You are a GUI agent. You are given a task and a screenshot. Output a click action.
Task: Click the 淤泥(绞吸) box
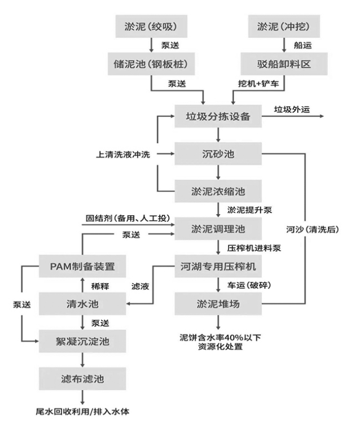[x=151, y=27]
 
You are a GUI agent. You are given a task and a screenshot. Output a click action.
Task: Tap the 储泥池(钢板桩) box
[x=151, y=63]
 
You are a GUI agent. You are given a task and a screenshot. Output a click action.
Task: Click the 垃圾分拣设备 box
[x=217, y=117]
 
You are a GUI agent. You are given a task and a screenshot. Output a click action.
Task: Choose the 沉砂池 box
[x=217, y=154]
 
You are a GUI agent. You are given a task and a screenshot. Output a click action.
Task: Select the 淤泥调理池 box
[x=217, y=229]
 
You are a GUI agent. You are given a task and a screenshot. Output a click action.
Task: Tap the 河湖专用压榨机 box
[x=217, y=266]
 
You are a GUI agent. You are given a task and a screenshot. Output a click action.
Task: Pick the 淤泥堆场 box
[x=217, y=303]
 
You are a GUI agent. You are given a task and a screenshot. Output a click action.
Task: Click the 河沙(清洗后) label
[x=308, y=229]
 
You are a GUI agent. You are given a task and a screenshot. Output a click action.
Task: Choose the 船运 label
[x=302, y=46]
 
